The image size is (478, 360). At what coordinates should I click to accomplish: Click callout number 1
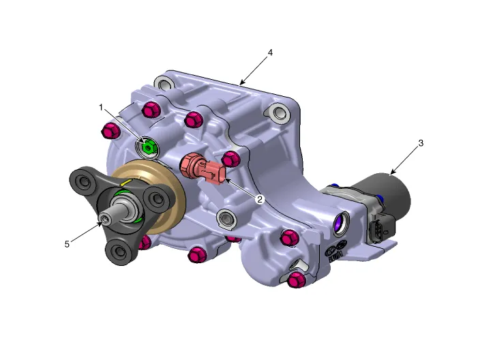(x=100, y=108)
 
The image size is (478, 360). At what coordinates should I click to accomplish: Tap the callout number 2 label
(x=260, y=200)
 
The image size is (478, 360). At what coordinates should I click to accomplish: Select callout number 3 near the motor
(x=421, y=143)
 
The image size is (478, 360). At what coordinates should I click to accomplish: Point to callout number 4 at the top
(x=271, y=53)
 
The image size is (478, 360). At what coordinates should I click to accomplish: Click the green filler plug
(x=148, y=146)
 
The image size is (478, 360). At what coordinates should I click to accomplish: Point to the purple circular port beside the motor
(x=340, y=222)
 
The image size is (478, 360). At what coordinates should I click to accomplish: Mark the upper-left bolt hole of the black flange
(x=85, y=182)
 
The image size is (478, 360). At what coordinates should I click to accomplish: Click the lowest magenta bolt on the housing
(x=297, y=280)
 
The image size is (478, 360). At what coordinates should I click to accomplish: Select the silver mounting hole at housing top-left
(x=162, y=84)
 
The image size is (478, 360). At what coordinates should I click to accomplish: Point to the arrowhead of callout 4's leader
(x=241, y=83)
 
